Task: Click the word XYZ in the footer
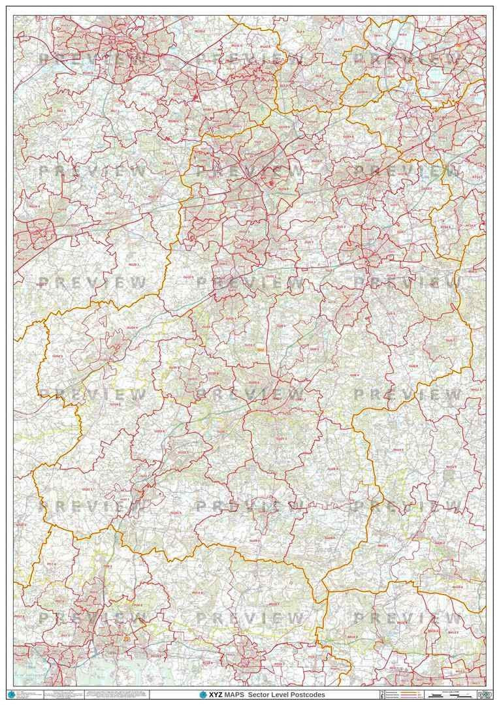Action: click(215, 695)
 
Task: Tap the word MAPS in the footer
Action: click(232, 695)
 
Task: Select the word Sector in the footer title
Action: click(260, 695)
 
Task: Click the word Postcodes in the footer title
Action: click(309, 695)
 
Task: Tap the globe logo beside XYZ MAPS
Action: click(203, 695)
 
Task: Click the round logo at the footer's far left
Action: click(10, 695)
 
